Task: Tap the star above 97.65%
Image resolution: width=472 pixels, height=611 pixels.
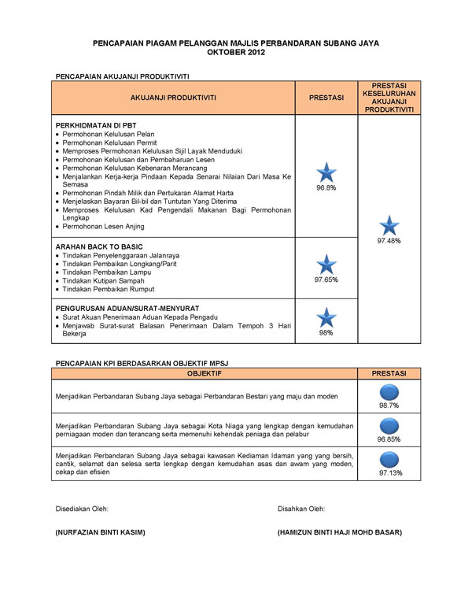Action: tap(326, 265)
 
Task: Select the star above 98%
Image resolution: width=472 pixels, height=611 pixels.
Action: tap(326, 317)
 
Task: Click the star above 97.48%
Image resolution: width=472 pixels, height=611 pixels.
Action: tap(389, 225)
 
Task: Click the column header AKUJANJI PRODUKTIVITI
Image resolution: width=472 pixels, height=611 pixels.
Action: tap(173, 98)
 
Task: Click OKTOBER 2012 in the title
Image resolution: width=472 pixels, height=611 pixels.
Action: tap(236, 52)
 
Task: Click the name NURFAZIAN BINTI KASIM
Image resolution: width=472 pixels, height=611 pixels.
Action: tap(100, 532)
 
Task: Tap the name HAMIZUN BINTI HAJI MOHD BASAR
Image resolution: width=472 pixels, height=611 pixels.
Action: tap(339, 532)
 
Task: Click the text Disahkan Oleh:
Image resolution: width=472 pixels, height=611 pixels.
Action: tap(301, 509)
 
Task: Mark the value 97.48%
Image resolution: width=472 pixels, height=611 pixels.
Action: tap(389, 241)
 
